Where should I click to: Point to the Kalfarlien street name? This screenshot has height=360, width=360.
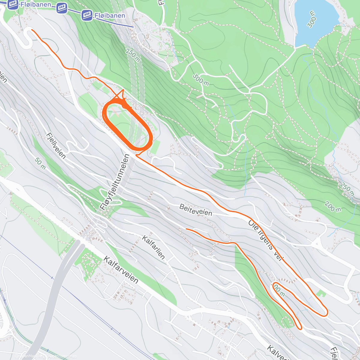click(x=153, y=247)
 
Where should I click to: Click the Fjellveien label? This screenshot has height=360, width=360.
click(x=56, y=145)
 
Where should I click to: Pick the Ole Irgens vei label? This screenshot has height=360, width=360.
click(x=265, y=240)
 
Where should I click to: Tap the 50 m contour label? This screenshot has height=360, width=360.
click(x=40, y=163)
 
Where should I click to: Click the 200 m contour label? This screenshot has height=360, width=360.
click(x=333, y=207)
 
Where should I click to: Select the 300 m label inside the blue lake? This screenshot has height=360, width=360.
click(x=312, y=19)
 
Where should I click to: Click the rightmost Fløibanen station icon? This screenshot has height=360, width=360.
click(x=87, y=15)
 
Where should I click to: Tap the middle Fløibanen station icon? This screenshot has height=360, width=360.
click(x=62, y=8)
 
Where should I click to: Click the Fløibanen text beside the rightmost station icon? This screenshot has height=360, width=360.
click(x=110, y=15)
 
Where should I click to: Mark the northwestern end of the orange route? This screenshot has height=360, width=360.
click(x=32, y=30)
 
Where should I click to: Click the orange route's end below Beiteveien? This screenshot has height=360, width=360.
click(x=186, y=229)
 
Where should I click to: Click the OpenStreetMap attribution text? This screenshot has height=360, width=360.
click(x=63, y=356)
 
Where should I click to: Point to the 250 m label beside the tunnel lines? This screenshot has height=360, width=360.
click(x=133, y=55)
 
